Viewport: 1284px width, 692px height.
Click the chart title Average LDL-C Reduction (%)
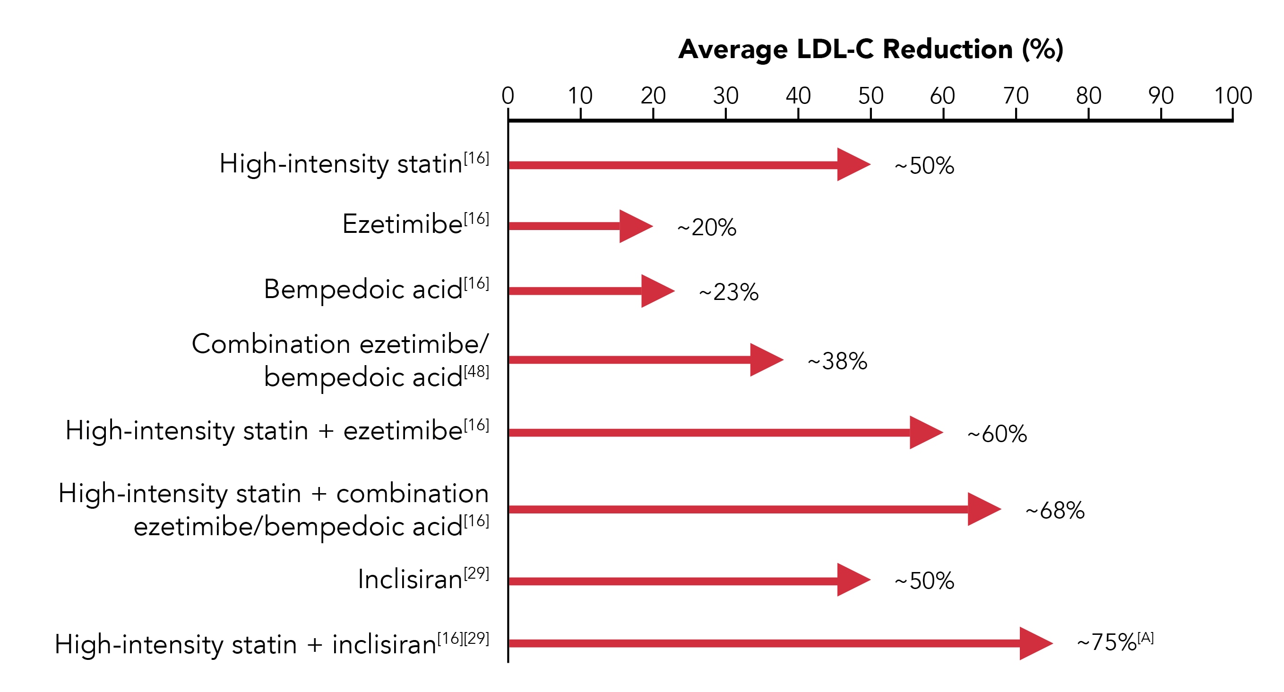870,49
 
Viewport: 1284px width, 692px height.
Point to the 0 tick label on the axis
508,96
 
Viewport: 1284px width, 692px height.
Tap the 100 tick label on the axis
1232,96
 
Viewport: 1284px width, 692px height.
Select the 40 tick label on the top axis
798,96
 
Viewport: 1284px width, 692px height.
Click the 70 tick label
1016,96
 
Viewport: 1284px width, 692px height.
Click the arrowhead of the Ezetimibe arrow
634,226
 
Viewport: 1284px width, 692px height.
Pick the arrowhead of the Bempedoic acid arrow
656,291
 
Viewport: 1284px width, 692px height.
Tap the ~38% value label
837,361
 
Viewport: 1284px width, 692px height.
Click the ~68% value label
1055,510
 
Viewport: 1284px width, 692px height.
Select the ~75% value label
1107,642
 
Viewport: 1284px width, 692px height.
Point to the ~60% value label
997,434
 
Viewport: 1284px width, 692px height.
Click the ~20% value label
707,227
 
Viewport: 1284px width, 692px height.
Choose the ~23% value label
728,292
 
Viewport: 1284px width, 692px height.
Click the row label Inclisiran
410,580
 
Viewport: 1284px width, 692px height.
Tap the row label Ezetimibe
402,224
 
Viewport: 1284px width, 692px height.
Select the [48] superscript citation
476,371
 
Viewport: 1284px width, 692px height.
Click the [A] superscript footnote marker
1146,637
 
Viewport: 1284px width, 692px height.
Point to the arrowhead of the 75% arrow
1034,643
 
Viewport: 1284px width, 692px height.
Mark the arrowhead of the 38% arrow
765,360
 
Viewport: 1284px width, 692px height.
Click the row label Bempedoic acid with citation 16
363,289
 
